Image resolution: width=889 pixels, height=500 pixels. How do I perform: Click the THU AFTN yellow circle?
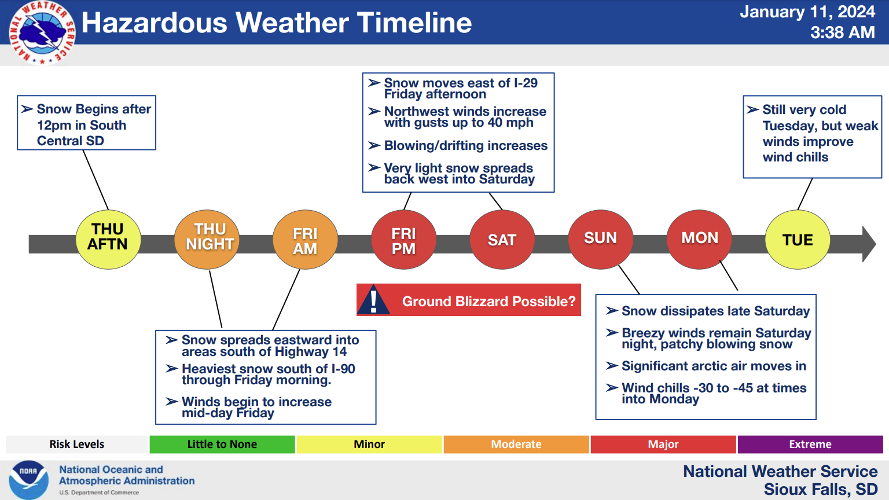point(108,240)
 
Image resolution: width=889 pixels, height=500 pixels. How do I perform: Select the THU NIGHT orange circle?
point(207,240)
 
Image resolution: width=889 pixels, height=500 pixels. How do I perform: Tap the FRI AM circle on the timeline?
point(305,240)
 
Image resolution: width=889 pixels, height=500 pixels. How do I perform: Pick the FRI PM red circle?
point(403,240)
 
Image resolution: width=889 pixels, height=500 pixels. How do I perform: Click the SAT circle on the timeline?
point(502,240)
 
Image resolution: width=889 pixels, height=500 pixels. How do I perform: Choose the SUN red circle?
point(600,240)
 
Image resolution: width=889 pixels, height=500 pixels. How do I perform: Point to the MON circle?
point(699,240)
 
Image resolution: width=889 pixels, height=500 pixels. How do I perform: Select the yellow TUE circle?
point(798,240)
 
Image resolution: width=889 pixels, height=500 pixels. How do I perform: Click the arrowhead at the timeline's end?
point(869,244)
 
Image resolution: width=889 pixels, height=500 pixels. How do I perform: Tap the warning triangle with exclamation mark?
point(373,300)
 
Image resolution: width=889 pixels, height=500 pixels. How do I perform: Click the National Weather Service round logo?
point(42,32)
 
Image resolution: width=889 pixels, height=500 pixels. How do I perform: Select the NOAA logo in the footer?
point(28,480)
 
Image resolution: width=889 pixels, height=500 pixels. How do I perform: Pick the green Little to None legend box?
point(222,444)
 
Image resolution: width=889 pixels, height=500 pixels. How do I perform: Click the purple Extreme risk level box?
point(810,444)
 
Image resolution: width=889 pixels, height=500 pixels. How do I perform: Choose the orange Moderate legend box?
point(516,444)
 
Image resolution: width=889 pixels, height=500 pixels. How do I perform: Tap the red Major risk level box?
point(663,444)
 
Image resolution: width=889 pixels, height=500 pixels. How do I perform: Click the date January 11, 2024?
point(807,12)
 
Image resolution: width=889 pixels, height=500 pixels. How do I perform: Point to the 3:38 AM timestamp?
point(843,32)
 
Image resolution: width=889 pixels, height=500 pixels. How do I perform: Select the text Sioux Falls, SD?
point(821,490)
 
